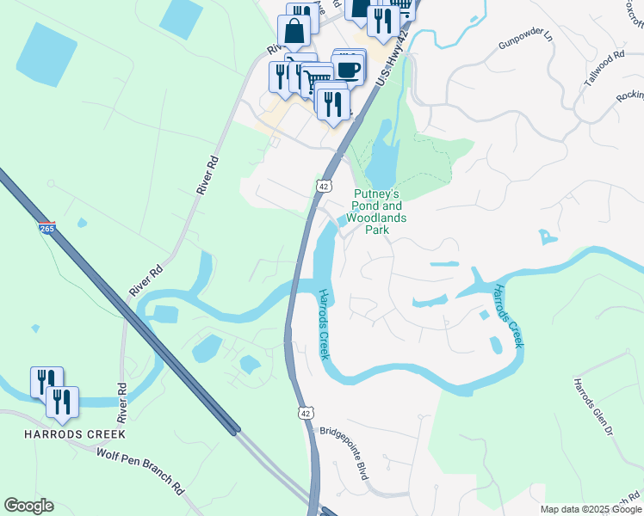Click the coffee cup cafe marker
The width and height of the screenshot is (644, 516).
[x=349, y=71]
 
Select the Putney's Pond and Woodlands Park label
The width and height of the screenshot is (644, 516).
[x=378, y=212]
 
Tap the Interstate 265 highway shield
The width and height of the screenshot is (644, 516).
[x=46, y=229]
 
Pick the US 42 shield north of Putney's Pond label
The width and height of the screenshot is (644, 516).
[x=323, y=186]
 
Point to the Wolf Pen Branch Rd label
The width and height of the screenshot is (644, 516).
[x=140, y=471]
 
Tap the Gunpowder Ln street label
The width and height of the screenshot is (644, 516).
[x=523, y=38]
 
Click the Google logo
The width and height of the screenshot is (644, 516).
[x=28, y=506]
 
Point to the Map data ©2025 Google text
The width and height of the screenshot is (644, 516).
[x=591, y=509]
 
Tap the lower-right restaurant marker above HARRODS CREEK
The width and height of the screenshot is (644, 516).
[x=62, y=402]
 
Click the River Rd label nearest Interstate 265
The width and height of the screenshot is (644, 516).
[x=146, y=281]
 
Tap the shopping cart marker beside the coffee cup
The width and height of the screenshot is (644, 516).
[x=317, y=80]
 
